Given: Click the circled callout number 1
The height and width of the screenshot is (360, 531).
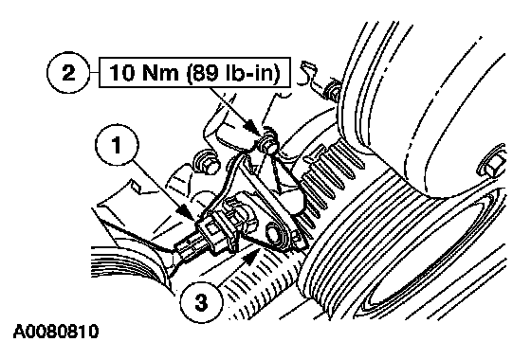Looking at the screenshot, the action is coord(118,146).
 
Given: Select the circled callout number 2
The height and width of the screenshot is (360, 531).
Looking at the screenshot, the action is coord(68,73).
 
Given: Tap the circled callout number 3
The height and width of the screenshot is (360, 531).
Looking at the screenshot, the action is coord(201,302).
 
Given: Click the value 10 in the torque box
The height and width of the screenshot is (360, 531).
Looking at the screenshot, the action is coord(121,73).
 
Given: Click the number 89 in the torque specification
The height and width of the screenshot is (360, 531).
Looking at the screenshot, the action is coord(205,73).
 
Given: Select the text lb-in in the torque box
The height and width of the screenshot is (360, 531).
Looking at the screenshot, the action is coord(249,73).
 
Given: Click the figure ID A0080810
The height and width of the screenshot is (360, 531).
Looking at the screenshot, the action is coord(56,332).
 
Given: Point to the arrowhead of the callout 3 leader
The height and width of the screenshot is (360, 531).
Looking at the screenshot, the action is coord(249,256).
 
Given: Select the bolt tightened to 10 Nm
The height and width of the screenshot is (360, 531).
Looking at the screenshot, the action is coord(267,141).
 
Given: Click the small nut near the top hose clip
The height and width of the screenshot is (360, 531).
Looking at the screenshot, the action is coord(331,90).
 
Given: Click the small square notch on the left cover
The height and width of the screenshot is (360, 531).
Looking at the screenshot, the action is coord(136,185).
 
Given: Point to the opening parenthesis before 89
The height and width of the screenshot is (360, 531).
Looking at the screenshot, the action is coord(189,74).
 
